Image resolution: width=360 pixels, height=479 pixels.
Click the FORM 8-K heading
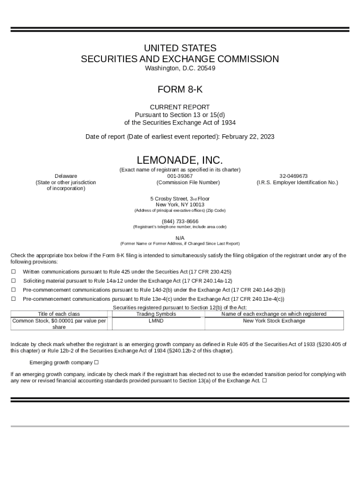click(x=180, y=89)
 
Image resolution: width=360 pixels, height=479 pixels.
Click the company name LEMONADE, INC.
click(x=180, y=160)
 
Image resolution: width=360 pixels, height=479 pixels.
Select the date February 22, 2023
click(x=248, y=137)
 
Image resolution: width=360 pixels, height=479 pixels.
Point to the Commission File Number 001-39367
click(x=180, y=176)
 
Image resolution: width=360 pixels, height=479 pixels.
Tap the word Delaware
click(x=66, y=176)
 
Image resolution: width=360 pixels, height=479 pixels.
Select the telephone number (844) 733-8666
click(x=180, y=221)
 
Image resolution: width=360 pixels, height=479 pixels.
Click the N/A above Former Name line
click(x=180, y=238)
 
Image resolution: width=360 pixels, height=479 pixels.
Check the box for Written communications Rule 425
click(x=14, y=272)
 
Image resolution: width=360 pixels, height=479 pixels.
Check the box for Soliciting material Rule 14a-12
click(x=14, y=281)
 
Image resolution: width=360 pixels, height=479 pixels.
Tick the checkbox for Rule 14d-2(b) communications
click(x=14, y=290)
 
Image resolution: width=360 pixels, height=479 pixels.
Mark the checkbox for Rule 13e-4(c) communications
click(x=14, y=298)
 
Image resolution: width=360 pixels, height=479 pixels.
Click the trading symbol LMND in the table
click(x=156, y=321)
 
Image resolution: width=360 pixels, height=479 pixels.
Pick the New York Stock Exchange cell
click(x=274, y=321)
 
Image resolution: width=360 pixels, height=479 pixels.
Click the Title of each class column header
click(x=59, y=314)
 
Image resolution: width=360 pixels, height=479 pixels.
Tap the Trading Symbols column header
click(x=156, y=314)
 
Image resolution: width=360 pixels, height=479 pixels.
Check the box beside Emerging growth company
click(x=96, y=362)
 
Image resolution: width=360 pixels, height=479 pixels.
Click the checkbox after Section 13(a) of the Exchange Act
click(x=265, y=380)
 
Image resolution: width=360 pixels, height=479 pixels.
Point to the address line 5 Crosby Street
click(x=180, y=198)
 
